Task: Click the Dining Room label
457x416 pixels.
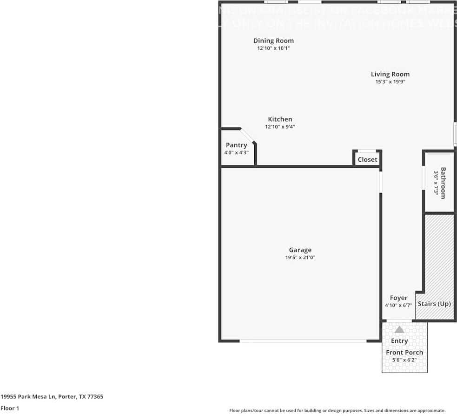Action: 273,41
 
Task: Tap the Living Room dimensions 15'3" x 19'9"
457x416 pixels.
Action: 391,82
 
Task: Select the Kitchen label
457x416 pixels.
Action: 280,119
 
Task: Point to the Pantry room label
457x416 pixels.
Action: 236,145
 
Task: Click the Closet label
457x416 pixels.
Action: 367,160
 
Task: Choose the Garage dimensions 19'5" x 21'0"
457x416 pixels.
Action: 300,257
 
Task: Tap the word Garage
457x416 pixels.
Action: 300,250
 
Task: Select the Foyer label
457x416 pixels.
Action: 398,298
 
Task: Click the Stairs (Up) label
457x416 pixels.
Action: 434,304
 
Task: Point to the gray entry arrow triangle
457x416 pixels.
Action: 399,329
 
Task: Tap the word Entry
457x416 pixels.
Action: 399,341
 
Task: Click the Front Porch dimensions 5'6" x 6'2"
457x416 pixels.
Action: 404,360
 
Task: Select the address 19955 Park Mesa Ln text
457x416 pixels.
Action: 52,397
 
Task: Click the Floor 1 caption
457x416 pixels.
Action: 9,408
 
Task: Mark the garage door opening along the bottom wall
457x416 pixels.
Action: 303,341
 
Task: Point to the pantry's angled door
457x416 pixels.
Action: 248,136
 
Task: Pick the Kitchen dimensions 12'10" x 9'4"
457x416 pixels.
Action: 280,127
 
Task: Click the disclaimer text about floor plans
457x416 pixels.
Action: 338,410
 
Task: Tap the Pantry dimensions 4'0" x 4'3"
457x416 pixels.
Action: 236,152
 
